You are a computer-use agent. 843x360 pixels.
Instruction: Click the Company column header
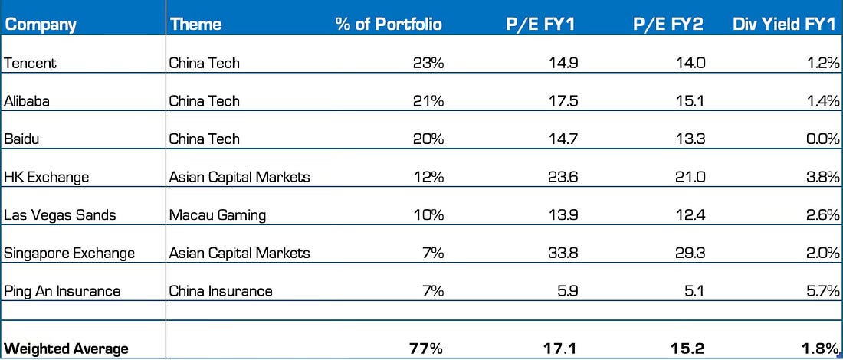coord(41,25)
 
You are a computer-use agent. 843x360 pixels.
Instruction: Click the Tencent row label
coord(30,63)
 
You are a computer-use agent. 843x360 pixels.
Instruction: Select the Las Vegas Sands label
coord(60,215)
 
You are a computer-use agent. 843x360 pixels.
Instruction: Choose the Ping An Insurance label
coord(62,291)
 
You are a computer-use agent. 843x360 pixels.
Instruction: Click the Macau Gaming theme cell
coord(218,215)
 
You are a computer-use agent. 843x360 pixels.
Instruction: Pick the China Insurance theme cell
coord(221,291)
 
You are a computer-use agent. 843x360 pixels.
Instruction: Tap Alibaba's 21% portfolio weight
coord(428,101)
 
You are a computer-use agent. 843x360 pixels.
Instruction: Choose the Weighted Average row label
coord(66,349)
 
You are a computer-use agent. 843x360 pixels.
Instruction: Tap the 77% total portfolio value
coord(426,349)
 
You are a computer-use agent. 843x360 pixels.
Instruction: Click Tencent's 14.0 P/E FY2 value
coord(690,63)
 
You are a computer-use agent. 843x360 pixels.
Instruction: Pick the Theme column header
coord(195,25)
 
